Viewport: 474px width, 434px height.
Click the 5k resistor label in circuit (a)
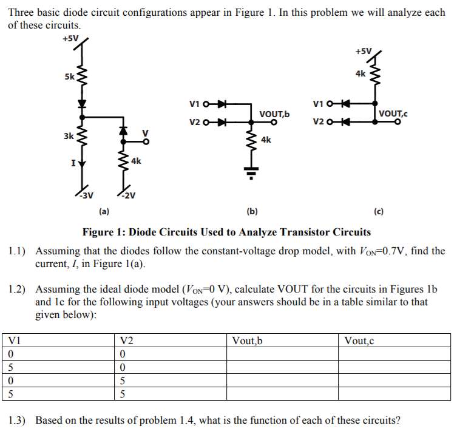(69, 77)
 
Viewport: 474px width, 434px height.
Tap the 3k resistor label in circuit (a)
(69, 136)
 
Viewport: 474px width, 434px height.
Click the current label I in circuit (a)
(73, 163)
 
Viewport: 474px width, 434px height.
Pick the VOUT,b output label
(274, 114)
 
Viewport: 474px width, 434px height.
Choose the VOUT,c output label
(393, 113)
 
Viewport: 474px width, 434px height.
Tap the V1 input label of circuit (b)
(195, 103)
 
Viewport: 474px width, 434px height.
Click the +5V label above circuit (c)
(364, 51)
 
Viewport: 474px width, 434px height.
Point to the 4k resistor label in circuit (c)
(361, 73)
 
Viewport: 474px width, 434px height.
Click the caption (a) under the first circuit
(104, 212)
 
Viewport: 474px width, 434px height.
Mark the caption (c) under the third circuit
(379, 212)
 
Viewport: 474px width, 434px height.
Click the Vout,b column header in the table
(247, 341)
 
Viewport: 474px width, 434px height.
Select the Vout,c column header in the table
(359, 341)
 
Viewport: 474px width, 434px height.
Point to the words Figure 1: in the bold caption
(103, 232)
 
